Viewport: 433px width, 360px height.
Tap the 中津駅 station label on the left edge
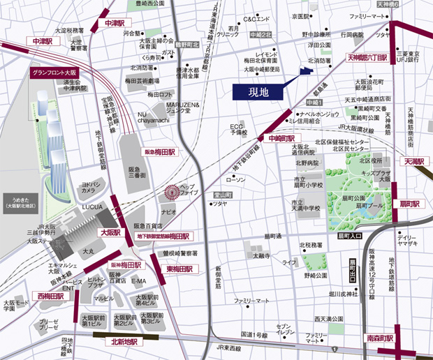pyautogui.click(x=43, y=42)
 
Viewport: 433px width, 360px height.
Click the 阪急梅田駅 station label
pyautogui.click(x=159, y=151)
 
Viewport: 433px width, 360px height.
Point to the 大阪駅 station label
pyautogui.click(x=111, y=232)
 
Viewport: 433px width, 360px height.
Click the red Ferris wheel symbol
pyautogui.click(x=170, y=190)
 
